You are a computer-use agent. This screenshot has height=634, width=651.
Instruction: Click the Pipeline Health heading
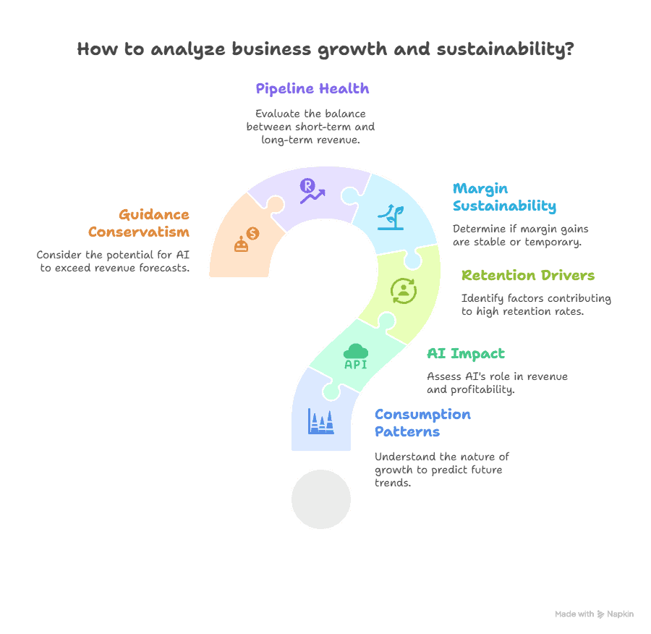312,88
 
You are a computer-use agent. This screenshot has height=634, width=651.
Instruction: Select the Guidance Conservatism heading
139,223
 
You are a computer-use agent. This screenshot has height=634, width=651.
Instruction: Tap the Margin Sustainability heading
504,197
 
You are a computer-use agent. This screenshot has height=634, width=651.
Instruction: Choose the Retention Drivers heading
528,275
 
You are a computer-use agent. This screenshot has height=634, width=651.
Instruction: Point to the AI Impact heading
466,354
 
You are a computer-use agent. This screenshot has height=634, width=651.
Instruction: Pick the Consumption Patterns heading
422,423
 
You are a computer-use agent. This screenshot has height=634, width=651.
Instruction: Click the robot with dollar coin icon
247,240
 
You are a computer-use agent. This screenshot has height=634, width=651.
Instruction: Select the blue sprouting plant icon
391,217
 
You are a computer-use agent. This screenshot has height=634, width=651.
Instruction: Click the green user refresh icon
404,291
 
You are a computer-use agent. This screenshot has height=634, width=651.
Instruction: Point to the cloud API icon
356,357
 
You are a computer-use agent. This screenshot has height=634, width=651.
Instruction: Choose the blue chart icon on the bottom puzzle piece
321,421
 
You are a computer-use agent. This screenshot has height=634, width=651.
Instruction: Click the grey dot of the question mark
321,499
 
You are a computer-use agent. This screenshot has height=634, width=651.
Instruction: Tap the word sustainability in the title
506,49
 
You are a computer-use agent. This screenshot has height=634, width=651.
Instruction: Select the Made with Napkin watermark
594,614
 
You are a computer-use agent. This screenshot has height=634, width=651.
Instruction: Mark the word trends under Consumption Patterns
393,483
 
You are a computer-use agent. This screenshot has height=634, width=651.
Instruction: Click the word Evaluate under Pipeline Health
272,114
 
